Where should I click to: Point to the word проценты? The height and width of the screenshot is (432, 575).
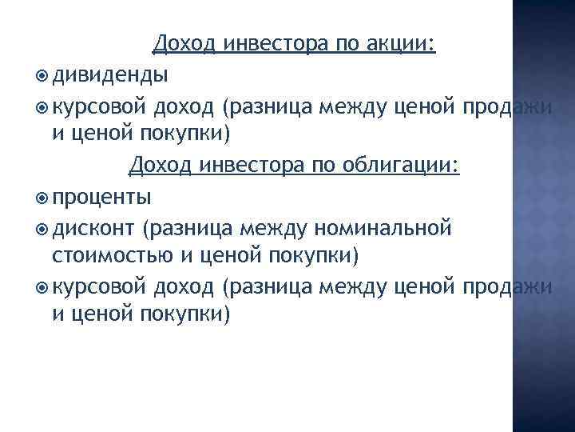click(x=101, y=197)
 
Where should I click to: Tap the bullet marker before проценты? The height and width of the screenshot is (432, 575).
click(x=42, y=198)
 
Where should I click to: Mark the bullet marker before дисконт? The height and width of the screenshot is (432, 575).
click(x=42, y=229)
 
